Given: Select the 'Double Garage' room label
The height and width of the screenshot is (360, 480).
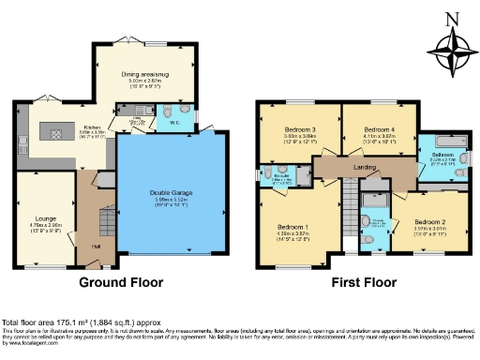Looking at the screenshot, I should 171,194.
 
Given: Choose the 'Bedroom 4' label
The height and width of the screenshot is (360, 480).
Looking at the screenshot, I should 377,128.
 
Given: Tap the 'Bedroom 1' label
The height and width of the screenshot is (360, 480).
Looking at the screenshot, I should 292,226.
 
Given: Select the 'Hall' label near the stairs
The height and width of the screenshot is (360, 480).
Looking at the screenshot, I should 97,247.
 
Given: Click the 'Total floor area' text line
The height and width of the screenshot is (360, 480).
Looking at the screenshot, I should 75,321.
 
